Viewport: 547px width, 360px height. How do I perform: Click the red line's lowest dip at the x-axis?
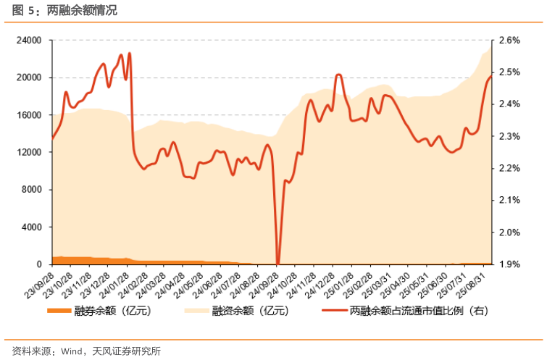coord(278,263)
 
